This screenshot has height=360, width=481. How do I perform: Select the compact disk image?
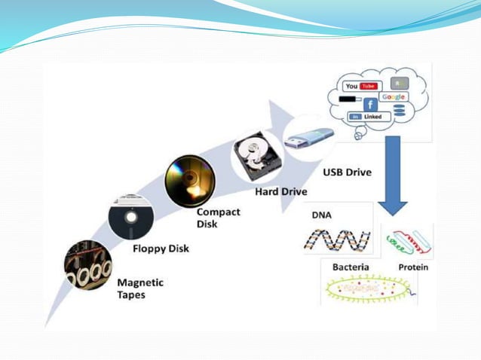[189, 181]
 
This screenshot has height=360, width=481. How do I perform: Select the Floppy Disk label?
[161, 249]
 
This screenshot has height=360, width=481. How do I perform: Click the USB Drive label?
[347, 172]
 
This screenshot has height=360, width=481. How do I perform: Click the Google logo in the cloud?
[393, 97]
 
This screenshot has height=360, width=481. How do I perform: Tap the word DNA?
[321, 215]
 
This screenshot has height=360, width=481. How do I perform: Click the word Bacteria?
[351, 267]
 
